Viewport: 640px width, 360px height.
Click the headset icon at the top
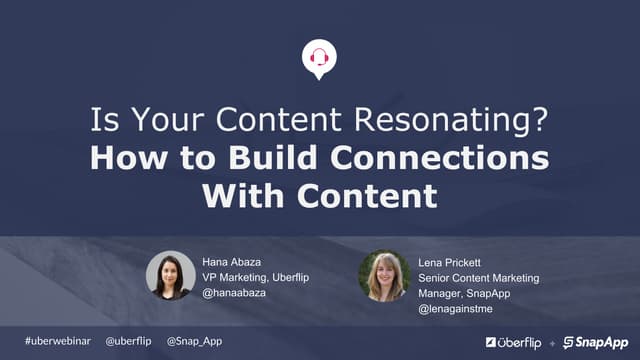(319, 58)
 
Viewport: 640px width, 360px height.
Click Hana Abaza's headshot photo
(170, 276)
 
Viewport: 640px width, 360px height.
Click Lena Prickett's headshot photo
(385, 276)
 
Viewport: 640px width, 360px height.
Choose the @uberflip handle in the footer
(128, 341)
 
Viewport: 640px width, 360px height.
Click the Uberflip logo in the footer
(516, 342)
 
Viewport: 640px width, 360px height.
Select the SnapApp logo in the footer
(596, 342)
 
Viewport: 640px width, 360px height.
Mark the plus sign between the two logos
(553, 343)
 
